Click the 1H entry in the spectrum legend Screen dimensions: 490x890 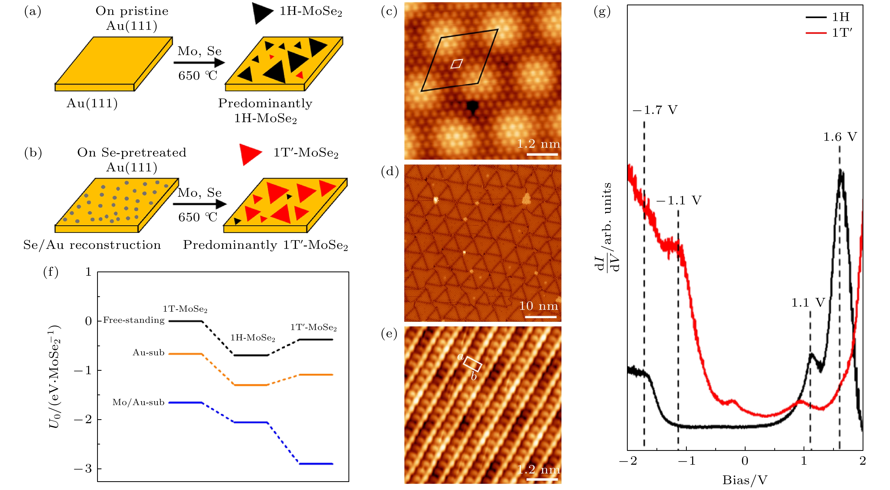(x=840, y=17)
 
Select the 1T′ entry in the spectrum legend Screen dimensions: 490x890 (x=842, y=33)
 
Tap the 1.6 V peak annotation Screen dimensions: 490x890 (x=840, y=137)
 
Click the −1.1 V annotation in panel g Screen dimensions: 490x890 (x=679, y=200)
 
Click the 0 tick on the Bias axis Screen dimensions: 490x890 (x=745, y=461)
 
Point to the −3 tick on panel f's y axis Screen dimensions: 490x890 (x=83, y=468)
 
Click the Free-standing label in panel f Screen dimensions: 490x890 (x=134, y=320)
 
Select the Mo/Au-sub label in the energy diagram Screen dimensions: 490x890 (x=138, y=402)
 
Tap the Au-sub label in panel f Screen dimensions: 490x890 (x=149, y=352)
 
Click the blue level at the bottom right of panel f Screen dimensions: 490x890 (x=316, y=464)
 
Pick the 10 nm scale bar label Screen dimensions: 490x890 (x=539, y=306)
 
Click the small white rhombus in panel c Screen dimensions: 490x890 (x=456, y=64)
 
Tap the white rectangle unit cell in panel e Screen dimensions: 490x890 (x=472, y=364)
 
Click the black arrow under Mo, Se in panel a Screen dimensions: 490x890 (x=199, y=63)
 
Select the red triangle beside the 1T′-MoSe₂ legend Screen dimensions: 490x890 (x=251, y=154)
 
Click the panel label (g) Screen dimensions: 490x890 (x=602, y=12)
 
